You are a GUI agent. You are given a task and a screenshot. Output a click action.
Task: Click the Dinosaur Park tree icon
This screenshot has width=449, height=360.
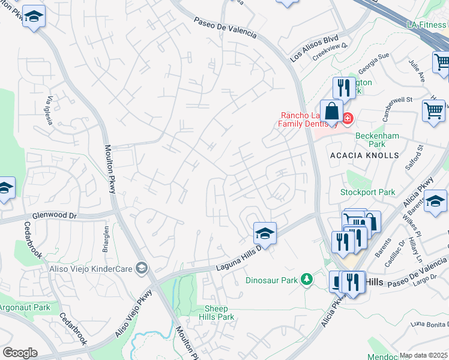coord(307,280)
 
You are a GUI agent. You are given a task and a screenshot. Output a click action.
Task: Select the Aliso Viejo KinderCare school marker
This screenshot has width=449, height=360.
coord(141,267)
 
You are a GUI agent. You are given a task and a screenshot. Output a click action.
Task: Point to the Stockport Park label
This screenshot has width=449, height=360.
coord(368,193)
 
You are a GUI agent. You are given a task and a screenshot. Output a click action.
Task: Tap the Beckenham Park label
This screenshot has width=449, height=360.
coord(377,140)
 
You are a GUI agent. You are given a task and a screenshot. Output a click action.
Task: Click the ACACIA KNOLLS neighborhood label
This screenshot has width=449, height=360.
coord(364,155)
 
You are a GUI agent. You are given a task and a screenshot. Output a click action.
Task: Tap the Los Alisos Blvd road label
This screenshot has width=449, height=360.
coord(315,49)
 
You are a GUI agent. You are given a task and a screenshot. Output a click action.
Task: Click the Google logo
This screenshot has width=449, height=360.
coord(20,353)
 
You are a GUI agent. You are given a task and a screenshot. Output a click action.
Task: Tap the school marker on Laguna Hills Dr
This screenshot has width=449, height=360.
coord(265,232)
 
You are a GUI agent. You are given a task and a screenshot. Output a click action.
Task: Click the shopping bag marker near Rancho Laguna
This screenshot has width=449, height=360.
coord(331,111)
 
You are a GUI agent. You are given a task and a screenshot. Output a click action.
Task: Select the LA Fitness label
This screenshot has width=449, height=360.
coord(426,25)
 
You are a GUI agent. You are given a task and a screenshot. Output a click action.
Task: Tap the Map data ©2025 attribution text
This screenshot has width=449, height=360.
coord(424,356)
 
